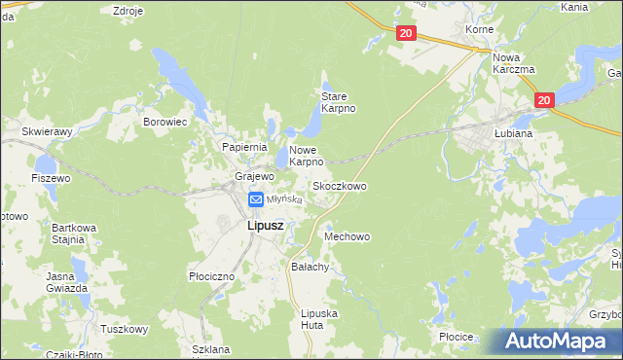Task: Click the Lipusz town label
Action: tap(252, 226)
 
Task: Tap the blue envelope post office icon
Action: tap(255, 199)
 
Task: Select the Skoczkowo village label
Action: tap(339, 185)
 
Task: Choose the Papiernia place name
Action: tap(244, 146)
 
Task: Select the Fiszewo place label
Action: tap(51, 178)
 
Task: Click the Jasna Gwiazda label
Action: tap(67, 282)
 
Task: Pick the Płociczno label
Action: tap(211, 276)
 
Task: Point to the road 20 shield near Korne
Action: tap(407, 33)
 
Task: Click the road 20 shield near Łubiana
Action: tap(543, 99)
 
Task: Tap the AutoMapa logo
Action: tap(562, 341)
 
